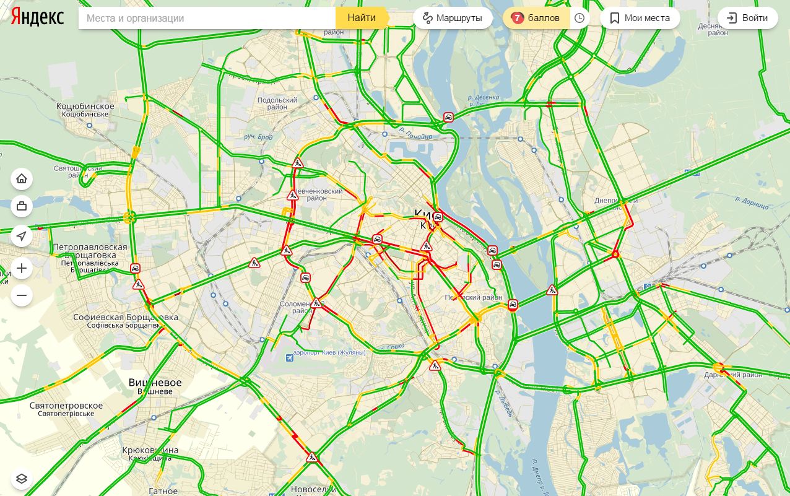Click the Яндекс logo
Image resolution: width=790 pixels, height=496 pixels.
[37, 17]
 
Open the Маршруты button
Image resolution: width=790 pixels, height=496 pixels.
[453, 18]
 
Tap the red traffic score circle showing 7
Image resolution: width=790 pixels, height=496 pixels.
[518, 18]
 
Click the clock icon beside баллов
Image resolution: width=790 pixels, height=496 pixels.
[579, 18]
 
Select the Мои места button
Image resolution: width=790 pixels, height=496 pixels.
[640, 18]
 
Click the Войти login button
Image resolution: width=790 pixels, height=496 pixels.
[747, 18]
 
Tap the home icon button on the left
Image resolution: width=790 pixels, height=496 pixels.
[22, 179]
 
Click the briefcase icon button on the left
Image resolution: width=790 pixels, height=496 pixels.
[22, 206]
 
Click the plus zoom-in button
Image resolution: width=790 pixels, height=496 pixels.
[22, 268]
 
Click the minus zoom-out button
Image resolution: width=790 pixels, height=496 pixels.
[22, 295]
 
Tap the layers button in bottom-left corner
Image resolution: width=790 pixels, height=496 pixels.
[22, 479]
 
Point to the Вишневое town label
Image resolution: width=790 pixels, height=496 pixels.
[155, 383]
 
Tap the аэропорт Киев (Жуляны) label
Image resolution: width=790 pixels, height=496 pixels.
[329, 353]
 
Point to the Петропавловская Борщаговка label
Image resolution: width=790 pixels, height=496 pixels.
[90, 251]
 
